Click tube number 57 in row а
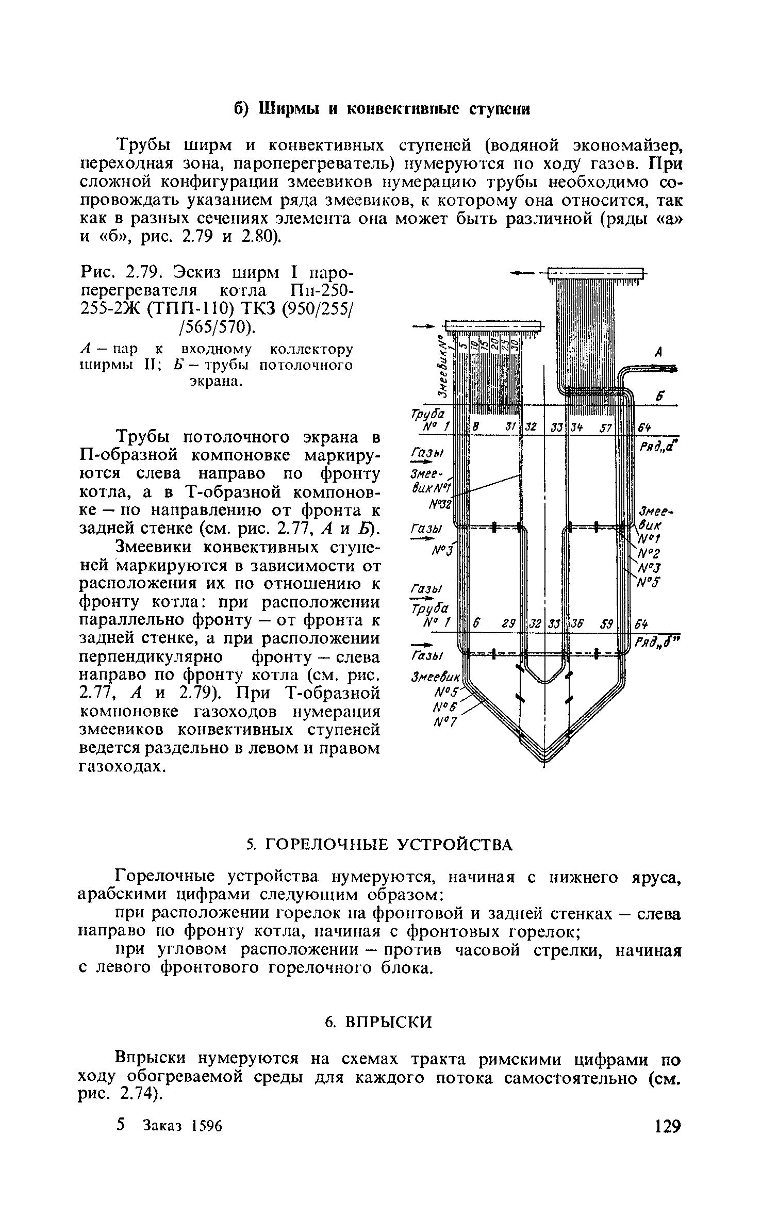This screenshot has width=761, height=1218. click(x=605, y=427)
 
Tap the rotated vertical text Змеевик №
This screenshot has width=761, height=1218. click(x=441, y=366)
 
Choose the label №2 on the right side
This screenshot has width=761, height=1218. click(x=649, y=553)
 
